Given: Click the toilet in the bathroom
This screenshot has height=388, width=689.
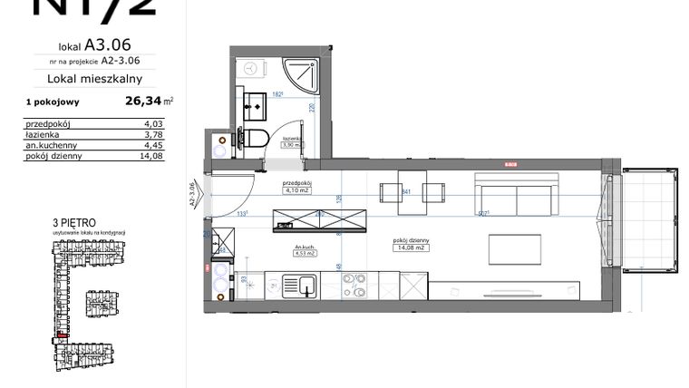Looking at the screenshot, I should point(257,139).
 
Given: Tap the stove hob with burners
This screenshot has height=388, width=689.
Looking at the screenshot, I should point(357,287).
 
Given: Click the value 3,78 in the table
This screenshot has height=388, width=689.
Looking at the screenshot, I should point(140,134).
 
